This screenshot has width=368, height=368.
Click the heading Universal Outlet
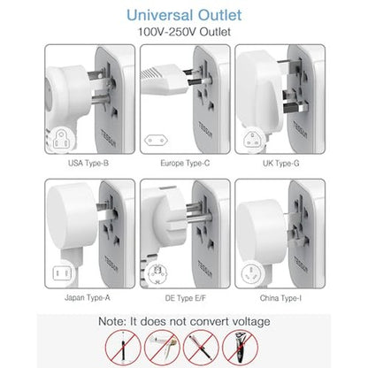(184, 15)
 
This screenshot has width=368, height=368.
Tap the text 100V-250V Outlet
(184, 32)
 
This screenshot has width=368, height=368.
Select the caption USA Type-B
(88, 163)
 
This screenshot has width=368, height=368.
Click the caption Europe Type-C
(185, 163)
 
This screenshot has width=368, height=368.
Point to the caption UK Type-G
(281, 163)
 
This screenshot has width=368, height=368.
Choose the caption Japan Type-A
(88, 297)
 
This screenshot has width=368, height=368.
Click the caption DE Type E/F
(186, 298)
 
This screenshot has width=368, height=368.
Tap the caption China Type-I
(280, 298)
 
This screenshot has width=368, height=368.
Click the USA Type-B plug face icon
(61, 140)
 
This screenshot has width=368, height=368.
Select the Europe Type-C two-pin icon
(156, 141)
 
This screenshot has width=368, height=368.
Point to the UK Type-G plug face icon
(253, 139)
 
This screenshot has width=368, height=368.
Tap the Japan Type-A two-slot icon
(62, 273)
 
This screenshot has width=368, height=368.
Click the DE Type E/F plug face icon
(157, 273)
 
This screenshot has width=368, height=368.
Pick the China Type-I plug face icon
(251, 273)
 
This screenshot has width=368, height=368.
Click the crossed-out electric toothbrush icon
(123, 348)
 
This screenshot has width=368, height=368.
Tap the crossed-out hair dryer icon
(162, 348)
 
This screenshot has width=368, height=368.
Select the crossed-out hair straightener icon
(201, 348)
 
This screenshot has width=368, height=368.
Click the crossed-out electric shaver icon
(240, 348)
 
